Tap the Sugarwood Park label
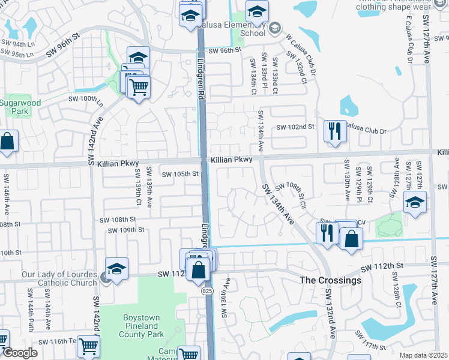point(20,107)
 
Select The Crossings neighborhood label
point(331,280)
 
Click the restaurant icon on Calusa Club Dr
point(334,131)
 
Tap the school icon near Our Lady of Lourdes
point(117,268)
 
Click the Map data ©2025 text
point(423,355)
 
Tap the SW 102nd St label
point(295,127)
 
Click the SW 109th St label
point(126,230)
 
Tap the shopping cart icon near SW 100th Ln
point(139,87)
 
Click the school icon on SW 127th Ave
point(415,202)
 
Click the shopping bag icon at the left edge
point(7,142)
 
